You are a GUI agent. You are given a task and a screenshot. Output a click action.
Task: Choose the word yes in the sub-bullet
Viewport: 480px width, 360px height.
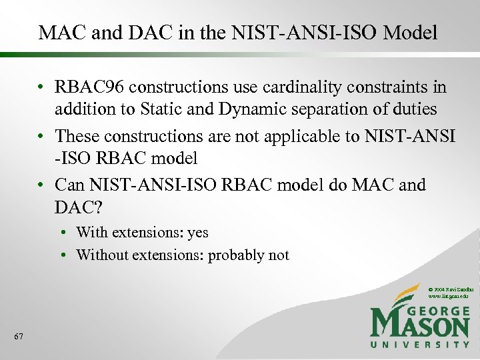click(197, 233)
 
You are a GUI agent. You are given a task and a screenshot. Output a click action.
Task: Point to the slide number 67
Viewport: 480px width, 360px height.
click(18, 337)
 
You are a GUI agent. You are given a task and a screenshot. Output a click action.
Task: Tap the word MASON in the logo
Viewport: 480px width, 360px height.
click(420, 326)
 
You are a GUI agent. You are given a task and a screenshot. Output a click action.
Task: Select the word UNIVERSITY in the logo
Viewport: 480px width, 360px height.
click(420, 345)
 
